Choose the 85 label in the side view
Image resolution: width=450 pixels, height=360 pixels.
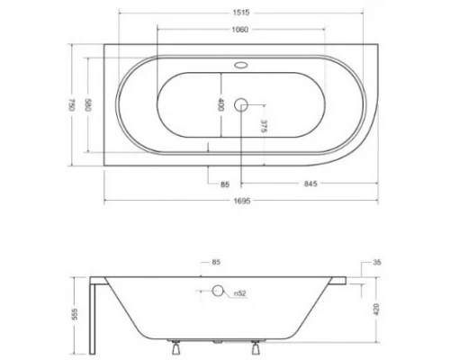(216, 263)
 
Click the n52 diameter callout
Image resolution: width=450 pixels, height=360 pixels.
(240, 292)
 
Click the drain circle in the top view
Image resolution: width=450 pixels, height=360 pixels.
(240, 104)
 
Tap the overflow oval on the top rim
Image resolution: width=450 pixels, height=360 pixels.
(240, 65)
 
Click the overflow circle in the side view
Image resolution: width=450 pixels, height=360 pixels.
(217, 291)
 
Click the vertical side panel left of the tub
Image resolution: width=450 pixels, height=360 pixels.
(96, 319)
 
